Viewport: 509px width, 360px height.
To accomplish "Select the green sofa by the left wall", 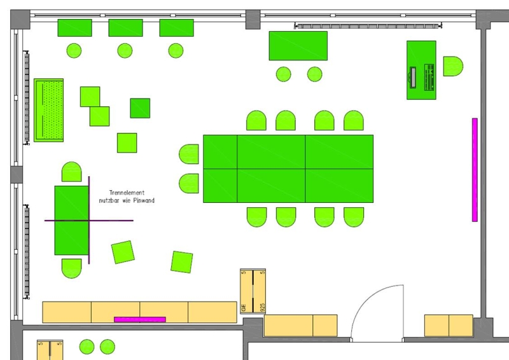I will click(49, 110).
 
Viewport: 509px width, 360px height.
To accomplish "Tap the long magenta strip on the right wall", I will click(475, 170).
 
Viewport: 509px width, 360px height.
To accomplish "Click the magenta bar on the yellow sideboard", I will click(139, 319).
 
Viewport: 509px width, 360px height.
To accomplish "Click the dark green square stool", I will click(140, 108).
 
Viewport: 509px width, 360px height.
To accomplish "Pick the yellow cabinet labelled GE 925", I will click(253, 291).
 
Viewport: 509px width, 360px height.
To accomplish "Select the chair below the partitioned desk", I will click(71, 268).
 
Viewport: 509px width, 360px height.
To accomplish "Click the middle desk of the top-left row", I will click(125, 28).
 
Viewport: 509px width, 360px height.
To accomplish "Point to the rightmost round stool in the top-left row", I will click(176, 50).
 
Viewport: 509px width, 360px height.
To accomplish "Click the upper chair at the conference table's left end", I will click(190, 155).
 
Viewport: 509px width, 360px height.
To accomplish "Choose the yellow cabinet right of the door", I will click(449, 325).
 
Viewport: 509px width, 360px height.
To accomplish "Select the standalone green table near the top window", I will click(298, 46).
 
